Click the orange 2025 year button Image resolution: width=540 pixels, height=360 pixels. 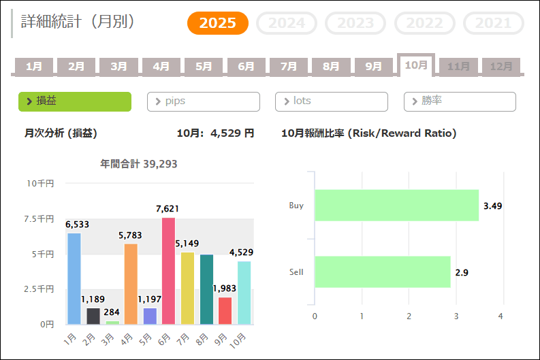tap(218, 23)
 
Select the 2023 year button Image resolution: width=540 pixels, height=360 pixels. tap(355, 23)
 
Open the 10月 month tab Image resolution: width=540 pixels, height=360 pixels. tap(415, 65)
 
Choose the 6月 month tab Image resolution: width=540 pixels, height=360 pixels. tap(246, 67)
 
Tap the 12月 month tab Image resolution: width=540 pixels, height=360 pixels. tap(501, 67)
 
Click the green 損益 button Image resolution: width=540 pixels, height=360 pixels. tap(74, 101)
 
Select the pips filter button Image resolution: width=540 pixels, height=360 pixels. tap(203, 101)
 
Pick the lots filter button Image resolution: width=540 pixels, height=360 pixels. tap(331, 101)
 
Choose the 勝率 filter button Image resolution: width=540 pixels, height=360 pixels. tap(460, 101)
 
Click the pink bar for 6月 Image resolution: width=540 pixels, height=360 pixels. tap(168, 271)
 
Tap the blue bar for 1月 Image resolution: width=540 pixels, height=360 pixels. tap(74, 279)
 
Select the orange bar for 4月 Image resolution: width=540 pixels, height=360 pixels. tap(131, 284)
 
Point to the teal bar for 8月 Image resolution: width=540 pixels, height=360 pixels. tap(206, 289)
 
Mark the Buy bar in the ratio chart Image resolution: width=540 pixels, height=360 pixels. tap(396, 205)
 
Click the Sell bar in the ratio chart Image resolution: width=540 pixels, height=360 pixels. tap(382, 272)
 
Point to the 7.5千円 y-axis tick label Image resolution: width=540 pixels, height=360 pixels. tap(40, 218)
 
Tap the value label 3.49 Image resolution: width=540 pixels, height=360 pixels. tap(492, 206)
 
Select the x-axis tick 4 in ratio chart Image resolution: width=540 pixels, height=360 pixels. tap(501, 316)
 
